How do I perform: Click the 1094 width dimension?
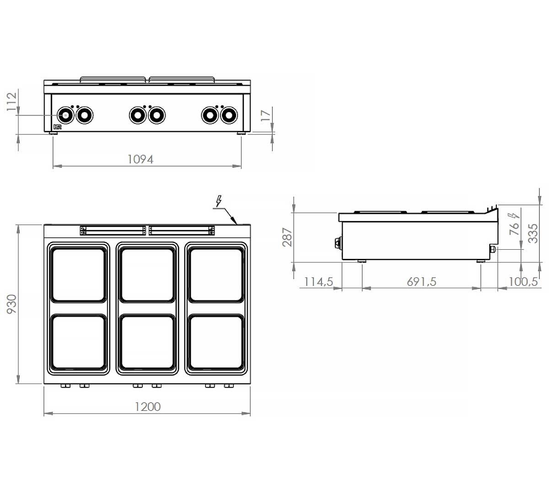pyautogui.click(x=140, y=159)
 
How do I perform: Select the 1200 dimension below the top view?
pyautogui.click(x=148, y=407)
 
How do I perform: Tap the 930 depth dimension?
pyautogui.click(x=11, y=304)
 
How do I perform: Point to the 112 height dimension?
pyautogui.click(x=11, y=102)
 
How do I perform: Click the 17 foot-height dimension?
pyautogui.click(x=265, y=115)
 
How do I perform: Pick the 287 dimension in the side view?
pyautogui.click(x=287, y=237)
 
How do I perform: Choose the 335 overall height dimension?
pyautogui.click(x=533, y=233)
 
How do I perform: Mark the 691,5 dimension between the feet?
pyautogui.click(x=421, y=282)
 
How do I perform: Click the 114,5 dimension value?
pyautogui.click(x=318, y=282)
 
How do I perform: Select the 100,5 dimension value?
pyautogui.click(x=523, y=282)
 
